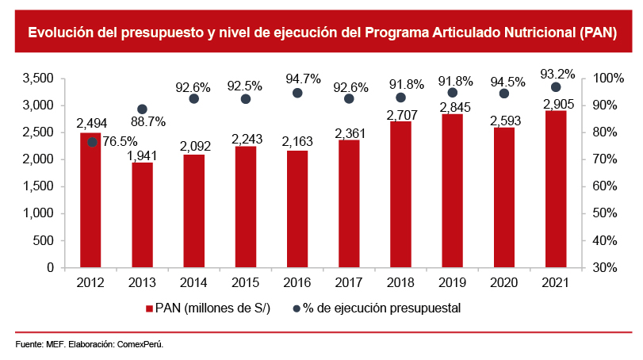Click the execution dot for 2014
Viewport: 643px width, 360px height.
tap(193, 98)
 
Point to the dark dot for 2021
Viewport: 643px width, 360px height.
tap(556, 87)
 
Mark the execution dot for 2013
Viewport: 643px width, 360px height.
tap(142, 109)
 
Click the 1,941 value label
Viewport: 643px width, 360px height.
tap(144, 155)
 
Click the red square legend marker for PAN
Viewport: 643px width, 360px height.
tap(148, 308)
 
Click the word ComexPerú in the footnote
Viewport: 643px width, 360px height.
tap(140, 345)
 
